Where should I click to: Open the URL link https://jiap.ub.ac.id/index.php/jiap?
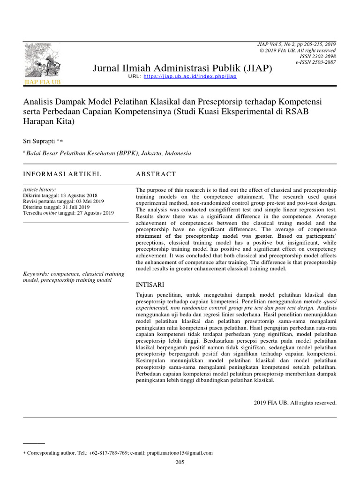pos(190,76)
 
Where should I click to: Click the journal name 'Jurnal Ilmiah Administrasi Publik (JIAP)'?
pos(182,68)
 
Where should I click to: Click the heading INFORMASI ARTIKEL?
pos(62,174)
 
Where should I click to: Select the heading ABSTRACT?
pos(156,174)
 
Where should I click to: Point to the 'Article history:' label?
pos(40,189)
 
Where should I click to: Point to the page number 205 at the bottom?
pos(180,462)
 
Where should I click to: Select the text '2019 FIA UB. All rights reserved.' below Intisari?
pos(295,402)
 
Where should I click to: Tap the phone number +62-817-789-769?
pos(108,453)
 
